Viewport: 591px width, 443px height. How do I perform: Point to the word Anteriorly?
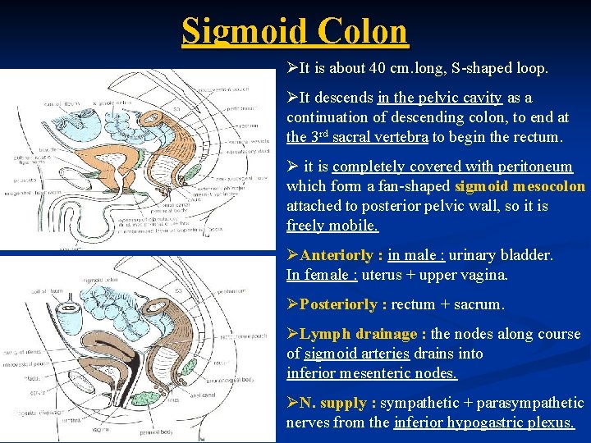338,255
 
